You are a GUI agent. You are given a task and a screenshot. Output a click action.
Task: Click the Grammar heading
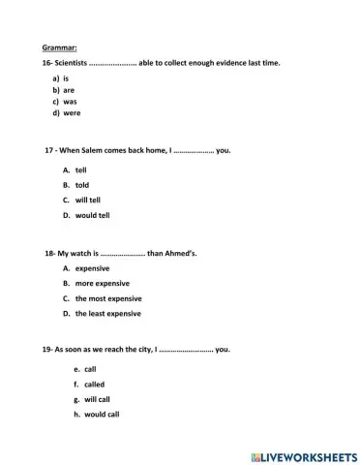coord(59,46)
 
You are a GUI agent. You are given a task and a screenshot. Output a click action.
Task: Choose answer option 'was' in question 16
coord(71,100)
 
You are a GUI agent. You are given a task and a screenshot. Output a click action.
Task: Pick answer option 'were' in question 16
coord(73,112)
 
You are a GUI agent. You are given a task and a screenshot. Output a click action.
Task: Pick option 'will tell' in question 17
coord(89,200)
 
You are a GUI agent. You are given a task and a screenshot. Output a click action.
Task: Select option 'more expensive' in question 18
coord(102,283)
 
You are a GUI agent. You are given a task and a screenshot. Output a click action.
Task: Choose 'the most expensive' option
coord(108,298)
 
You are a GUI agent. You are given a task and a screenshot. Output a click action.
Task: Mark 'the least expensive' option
coord(108,314)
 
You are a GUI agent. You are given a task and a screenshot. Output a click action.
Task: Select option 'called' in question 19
coord(95,385)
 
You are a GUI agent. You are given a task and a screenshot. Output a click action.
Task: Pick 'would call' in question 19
coord(102,415)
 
